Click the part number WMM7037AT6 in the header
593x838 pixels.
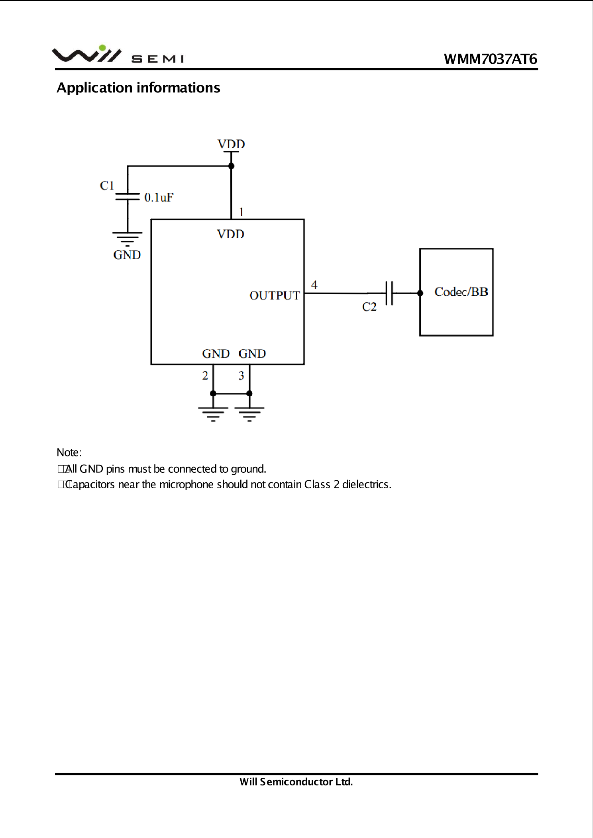491,59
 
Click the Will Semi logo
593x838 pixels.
118,54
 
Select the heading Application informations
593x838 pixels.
138,88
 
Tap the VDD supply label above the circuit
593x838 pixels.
231,144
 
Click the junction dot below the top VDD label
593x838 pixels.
231,166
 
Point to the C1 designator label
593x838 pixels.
107,185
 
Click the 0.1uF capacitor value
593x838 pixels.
159,197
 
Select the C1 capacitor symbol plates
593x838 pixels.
128,196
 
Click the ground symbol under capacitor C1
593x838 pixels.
128,239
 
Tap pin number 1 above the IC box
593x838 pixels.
241,212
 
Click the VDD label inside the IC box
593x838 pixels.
231,234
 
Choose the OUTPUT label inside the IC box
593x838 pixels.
275,295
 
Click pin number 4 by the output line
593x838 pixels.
314,285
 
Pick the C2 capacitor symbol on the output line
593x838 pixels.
389,293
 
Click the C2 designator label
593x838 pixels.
369,306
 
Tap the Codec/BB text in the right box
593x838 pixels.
461,292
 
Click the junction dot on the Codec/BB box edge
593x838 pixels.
420,293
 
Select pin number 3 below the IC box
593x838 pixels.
241,375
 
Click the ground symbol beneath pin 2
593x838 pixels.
213,414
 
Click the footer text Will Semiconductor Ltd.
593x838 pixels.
296,782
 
